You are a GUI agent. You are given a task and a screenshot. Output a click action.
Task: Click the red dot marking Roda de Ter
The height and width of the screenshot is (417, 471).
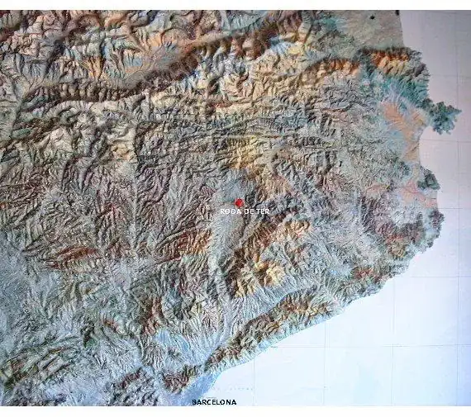pos(239,202)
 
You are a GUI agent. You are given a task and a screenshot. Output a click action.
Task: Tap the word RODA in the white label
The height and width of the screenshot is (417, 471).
pos(229,212)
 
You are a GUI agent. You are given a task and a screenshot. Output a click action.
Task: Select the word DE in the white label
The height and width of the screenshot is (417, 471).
pos(246,212)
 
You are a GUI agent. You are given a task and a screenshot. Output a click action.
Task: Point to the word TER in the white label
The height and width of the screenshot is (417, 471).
pos(262,212)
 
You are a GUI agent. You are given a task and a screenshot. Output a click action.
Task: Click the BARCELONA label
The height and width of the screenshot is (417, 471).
pos(214,402)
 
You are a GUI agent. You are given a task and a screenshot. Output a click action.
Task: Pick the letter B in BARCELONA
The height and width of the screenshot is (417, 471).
pos(194,402)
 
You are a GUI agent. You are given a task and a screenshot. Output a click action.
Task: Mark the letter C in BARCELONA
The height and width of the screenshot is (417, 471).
pos(209,402)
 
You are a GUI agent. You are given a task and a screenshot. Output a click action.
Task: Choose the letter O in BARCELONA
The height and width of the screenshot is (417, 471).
pos(223,402)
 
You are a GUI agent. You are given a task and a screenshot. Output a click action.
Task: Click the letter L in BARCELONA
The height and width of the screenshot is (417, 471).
pos(218,402)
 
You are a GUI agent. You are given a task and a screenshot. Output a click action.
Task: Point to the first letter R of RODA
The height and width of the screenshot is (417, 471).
pos(222,212)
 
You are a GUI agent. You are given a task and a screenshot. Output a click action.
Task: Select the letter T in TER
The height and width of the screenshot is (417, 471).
pos(257,212)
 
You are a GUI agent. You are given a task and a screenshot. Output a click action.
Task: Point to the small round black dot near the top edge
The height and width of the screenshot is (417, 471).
pos(372,17)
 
